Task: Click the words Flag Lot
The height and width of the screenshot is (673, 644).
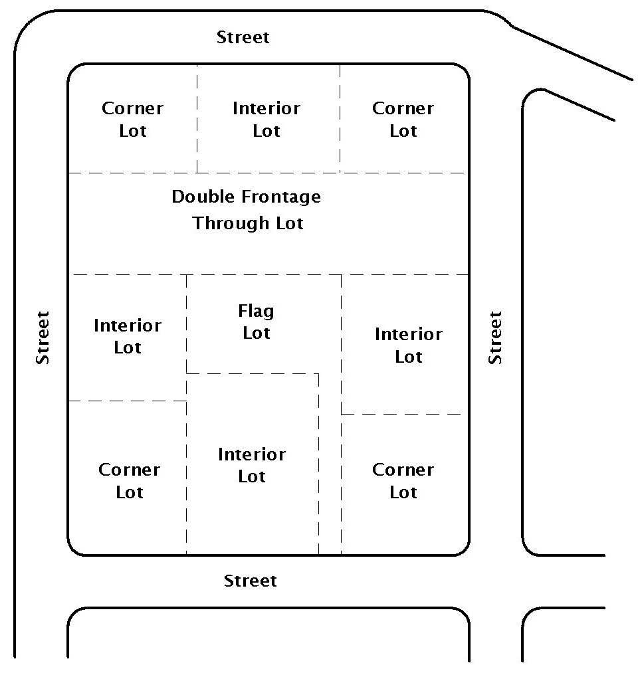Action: point(257,322)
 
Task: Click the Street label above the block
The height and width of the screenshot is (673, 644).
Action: point(243,37)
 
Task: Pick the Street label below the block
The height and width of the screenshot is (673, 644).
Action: point(250,581)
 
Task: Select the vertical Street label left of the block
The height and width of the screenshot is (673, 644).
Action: point(43,337)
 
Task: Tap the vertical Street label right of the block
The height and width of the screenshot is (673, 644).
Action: point(495,337)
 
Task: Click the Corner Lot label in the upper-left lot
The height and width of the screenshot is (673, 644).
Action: point(132,120)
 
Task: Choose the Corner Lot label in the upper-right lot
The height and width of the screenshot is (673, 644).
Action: point(403,120)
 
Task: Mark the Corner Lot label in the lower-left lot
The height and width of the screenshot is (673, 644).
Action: point(130,481)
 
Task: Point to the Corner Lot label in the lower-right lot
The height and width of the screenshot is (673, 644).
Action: point(403,481)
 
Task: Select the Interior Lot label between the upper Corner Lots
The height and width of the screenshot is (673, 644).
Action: point(266,120)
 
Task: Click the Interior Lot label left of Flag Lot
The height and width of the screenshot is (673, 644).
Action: point(128,337)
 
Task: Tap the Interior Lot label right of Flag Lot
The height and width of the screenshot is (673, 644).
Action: point(408,345)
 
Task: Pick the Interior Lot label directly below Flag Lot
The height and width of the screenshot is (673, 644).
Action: point(252,466)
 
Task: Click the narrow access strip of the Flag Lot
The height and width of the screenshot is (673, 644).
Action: point(330,465)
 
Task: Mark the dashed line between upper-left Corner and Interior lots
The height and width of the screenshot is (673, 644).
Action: point(197,120)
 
